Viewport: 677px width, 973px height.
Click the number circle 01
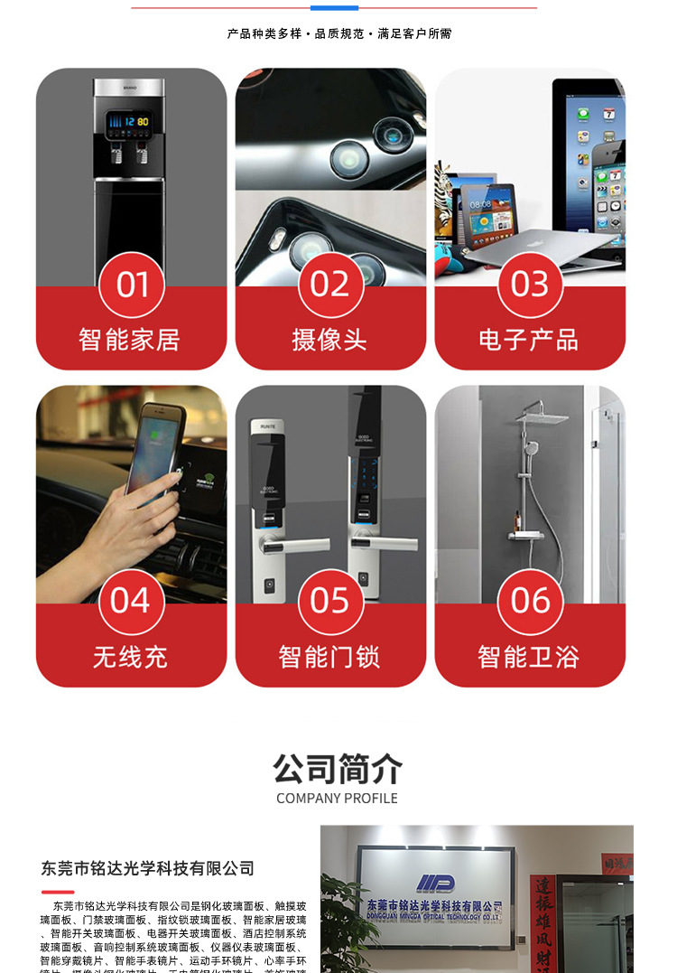pyautogui.click(x=132, y=285)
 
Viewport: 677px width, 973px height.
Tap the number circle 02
pyautogui.click(x=330, y=285)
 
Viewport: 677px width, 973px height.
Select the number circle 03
pyautogui.click(x=530, y=285)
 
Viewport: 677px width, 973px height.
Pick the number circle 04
pyautogui.click(x=132, y=602)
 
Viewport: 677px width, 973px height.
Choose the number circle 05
pyautogui.click(x=330, y=602)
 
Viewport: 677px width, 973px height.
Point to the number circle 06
pyautogui.click(x=530, y=602)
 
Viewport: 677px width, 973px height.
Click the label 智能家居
pyautogui.click(x=130, y=340)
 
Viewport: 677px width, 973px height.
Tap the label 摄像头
pyautogui.click(x=329, y=340)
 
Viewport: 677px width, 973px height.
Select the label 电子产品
pyautogui.click(x=529, y=340)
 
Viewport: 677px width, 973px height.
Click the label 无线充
pyautogui.click(x=130, y=657)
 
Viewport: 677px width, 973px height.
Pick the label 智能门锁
pyautogui.click(x=329, y=657)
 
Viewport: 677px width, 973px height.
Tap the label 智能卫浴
pyautogui.click(x=529, y=657)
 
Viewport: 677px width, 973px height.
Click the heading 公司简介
pyautogui.click(x=338, y=770)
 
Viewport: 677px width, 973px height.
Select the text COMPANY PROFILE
pyautogui.click(x=337, y=798)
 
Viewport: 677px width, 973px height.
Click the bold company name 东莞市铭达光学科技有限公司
pyautogui.click(x=148, y=868)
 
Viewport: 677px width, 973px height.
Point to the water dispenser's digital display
pyautogui.click(x=127, y=120)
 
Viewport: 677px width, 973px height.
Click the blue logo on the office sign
pyautogui.click(x=435, y=883)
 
